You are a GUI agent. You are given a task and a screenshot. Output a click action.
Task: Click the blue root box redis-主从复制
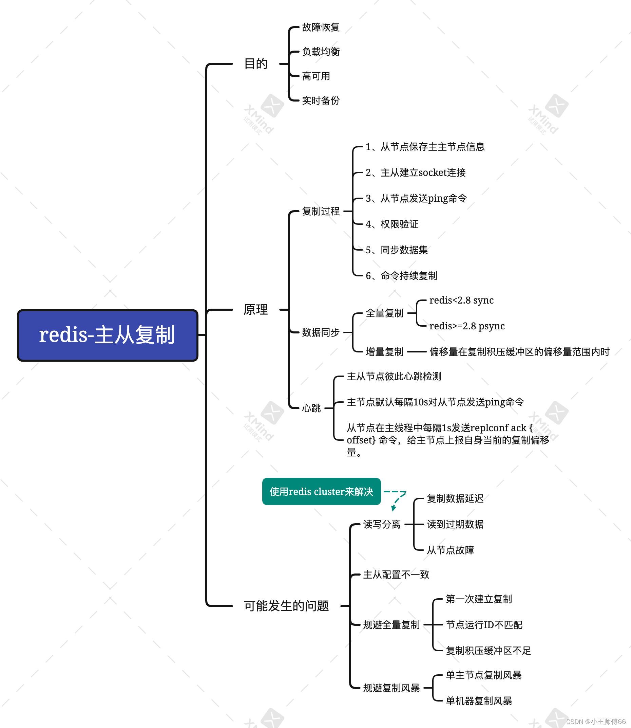(108, 335)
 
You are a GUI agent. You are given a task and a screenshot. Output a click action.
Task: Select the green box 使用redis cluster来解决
(321, 491)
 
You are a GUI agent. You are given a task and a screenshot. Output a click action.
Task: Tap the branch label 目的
(256, 64)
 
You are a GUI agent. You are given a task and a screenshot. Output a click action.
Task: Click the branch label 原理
(256, 310)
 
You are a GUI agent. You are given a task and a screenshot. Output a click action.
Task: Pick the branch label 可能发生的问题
(286, 606)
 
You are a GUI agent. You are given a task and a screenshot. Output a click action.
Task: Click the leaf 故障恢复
(321, 27)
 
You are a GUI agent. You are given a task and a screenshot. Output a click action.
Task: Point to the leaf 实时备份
(321, 101)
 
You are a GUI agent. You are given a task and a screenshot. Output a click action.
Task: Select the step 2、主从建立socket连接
(416, 172)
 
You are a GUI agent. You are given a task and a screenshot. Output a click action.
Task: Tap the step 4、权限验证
(392, 224)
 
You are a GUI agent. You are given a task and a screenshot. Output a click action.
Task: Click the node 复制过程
(321, 211)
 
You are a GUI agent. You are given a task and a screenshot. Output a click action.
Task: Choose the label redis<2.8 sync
(461, 300)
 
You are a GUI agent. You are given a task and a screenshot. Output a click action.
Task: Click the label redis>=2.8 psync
(467, 326)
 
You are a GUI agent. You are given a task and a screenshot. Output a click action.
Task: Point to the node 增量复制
(384, 352)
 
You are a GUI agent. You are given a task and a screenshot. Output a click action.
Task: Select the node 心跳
(311, 408)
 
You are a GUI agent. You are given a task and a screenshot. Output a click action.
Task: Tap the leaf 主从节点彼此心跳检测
(394, 376)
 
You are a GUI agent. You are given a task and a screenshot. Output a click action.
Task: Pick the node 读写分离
(382, 524)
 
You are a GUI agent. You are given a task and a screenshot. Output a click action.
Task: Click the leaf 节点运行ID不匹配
(484, 625)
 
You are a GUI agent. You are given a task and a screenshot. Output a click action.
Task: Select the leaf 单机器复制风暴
(479, 701)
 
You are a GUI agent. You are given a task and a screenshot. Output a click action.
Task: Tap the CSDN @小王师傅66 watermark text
(596, 722)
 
